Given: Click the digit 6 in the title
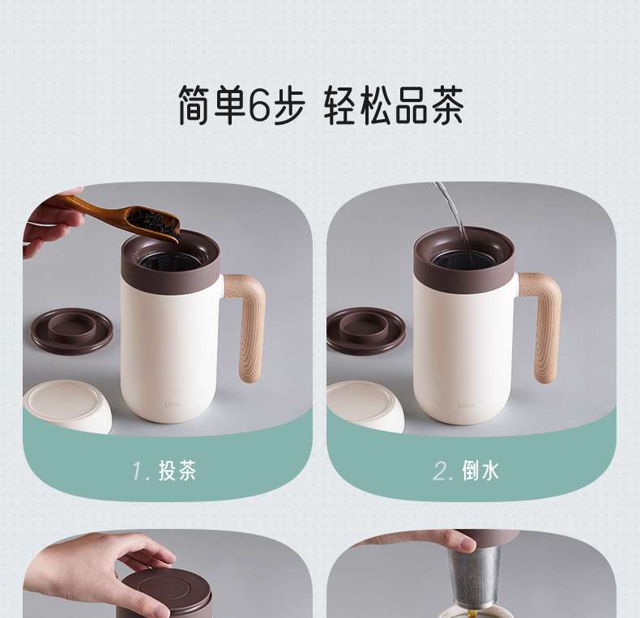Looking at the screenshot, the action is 259,104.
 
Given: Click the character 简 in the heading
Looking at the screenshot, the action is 195,105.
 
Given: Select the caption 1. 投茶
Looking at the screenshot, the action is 164,471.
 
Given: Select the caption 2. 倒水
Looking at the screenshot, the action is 466,471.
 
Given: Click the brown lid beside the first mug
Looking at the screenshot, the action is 72,330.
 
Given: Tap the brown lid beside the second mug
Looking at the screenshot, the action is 365,330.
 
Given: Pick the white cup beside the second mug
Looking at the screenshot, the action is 366,406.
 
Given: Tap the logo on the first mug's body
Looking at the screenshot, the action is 173,404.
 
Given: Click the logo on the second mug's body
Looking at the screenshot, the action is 466,405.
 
